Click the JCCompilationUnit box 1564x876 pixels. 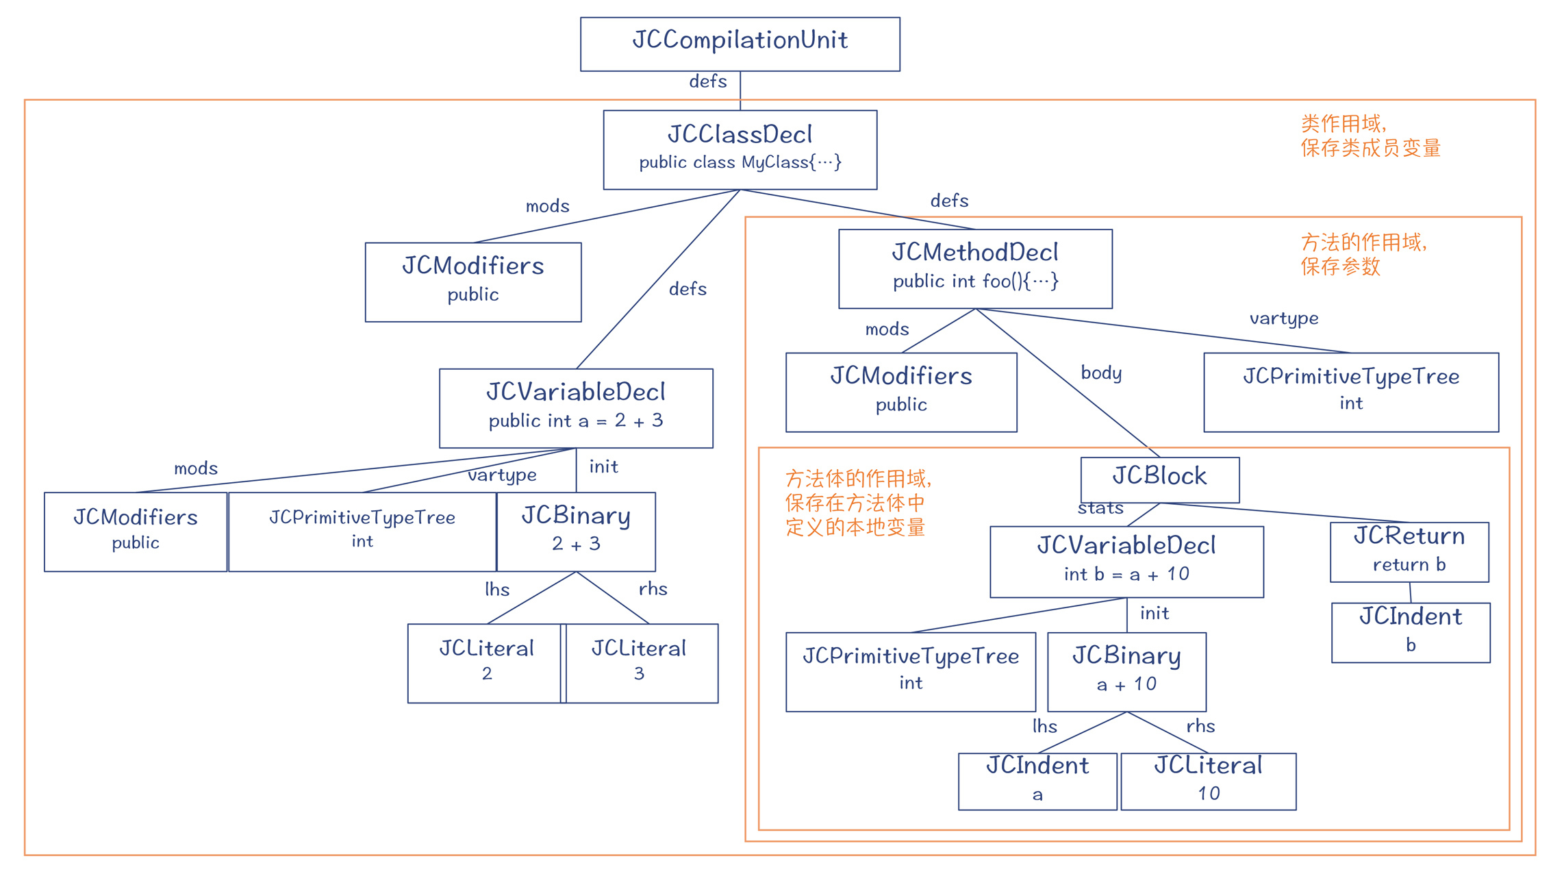tap(740, 44)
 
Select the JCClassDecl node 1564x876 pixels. tap(740, 149)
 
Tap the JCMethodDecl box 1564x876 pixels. tap(975, 268)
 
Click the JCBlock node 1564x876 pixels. tap(1159, 479)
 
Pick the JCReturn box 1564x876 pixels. tap(1409, 551)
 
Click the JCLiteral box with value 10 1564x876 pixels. tap(1208, 781)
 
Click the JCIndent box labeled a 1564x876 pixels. tap(1037, 781)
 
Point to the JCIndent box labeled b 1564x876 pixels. tap(1411, 631)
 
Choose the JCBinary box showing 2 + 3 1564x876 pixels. tap(576, 531)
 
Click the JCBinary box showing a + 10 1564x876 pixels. tap(1126, 671)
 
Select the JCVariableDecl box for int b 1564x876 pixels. tap(1126, 561)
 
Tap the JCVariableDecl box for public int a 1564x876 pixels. tap(576, 408)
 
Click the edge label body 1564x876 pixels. tap(1101, 373)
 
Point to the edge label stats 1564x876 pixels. tap(1100, 508)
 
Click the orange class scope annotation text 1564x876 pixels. tap(1370, 136)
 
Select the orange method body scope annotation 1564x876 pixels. tap(857, 503)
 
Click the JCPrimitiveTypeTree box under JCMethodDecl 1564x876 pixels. tap(1350, 392)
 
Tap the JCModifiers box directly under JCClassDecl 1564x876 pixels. tap(472, 281)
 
